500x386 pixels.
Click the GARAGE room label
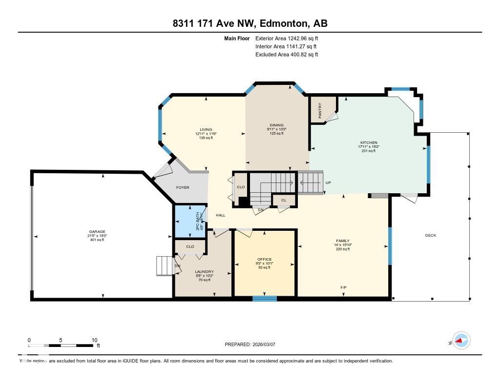(97, 232)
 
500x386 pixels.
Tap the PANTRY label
(320, 107)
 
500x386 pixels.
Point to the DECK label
(430, 236)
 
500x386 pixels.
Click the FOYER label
(183, 187)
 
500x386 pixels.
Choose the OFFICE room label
(264, 259)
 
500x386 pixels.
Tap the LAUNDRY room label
(204, 272)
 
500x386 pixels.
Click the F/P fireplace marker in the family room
(343, 287)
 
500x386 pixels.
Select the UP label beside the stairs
(328, 183)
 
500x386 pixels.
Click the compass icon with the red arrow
(461, 340)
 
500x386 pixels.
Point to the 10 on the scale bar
(94, 340)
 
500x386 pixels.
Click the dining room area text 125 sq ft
(276, 133)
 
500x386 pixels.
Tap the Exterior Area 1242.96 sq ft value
(287, 38)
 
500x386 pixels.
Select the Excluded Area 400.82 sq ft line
(287, 55)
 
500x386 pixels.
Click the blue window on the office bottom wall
(265, 298)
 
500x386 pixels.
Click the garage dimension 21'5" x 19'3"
(97, 236)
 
